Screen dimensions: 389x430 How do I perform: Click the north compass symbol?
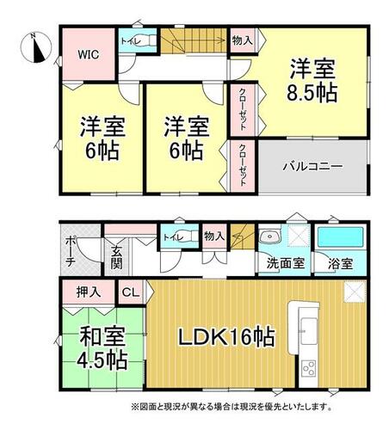point(36,47)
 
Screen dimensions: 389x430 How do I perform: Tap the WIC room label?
point(89,54)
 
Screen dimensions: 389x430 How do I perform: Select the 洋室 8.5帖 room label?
point(312,80)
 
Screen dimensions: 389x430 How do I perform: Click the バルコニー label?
point(312,166)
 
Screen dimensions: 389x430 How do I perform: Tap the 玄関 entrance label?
point(117,257)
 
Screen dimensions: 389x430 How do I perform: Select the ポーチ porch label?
point(71,252)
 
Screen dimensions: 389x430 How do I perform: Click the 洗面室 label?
point(286,263)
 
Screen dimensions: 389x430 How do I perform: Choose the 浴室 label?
point(340,264)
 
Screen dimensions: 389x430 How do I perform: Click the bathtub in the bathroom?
point(340,236)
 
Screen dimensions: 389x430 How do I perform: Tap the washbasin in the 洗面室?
point(269,236)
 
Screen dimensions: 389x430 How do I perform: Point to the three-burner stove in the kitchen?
point(309,368)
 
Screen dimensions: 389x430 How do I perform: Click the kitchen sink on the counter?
point(309,331)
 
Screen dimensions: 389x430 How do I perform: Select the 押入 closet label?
point(89,292)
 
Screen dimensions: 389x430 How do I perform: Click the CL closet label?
point(131,292)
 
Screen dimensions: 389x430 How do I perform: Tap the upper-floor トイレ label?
point(131,41)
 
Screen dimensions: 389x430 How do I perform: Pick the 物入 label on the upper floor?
point(243,40)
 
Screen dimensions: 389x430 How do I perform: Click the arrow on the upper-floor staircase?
point(199,40)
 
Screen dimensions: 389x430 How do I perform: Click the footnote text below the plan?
point(232,406)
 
